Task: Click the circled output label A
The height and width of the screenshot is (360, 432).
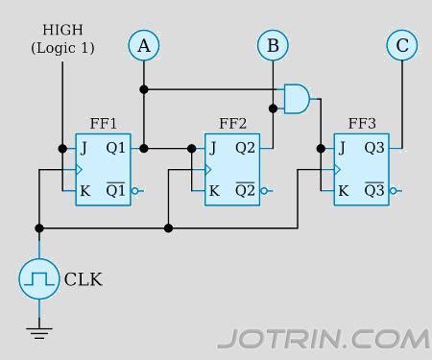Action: click(143, 44)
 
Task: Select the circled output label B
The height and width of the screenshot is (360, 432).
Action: click(273, 44)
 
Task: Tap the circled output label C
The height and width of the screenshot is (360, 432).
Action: click(401, 44)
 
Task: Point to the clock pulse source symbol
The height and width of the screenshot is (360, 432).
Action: click(39, 278)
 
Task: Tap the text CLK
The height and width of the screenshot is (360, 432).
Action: click(83, 280)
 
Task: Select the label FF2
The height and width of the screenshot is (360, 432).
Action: click(232, 124)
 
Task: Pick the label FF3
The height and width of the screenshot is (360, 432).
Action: click(362, 124)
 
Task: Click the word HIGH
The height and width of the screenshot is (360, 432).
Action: click(62, 29)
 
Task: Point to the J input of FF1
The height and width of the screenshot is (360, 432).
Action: click(84, 149)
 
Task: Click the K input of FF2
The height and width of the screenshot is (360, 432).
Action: click(214, 190)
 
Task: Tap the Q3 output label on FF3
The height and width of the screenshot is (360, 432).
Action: click(374, 149)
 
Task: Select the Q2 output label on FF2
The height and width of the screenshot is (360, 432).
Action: click(245, 149)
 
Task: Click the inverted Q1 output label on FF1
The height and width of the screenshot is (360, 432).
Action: click(115, 189)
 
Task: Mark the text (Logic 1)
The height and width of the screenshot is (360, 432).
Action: click(62, 46)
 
